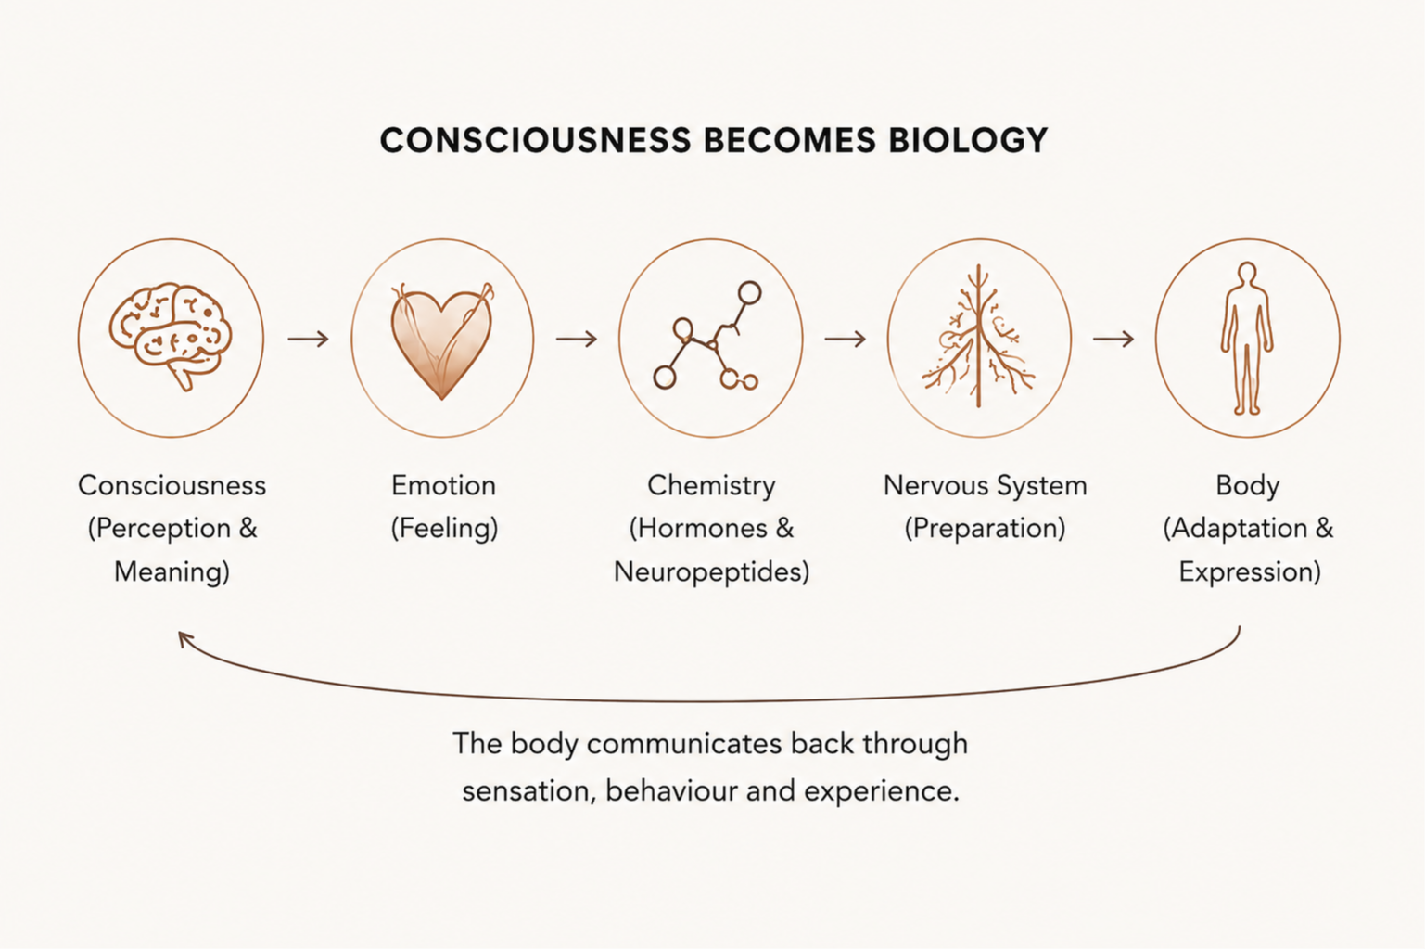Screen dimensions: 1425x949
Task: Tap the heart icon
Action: click(442, 341)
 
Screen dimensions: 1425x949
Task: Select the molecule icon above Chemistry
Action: click(708, 336)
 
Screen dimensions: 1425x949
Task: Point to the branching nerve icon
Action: click(978, 336)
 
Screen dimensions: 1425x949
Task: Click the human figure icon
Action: click(1247, 338)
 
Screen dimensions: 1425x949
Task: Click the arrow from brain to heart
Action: click(309, 339)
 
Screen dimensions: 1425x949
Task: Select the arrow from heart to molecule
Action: click(577, 339)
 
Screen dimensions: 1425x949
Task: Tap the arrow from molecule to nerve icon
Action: click(846, 339)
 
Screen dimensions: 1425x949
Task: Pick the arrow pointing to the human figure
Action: click(1113, 339)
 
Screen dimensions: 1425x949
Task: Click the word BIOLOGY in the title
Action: click(968, 140)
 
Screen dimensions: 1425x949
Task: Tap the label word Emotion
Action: click(443, 486)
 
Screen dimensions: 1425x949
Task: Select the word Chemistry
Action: click(711, 486)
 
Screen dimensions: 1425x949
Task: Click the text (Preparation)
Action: click(985, 529)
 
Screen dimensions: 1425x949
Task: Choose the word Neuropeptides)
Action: click(711, 572)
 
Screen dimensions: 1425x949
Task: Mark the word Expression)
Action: click(1250, 572)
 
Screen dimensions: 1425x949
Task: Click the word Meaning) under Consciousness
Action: click(172, 572)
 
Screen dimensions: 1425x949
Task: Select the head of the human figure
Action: click(1247, 273)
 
